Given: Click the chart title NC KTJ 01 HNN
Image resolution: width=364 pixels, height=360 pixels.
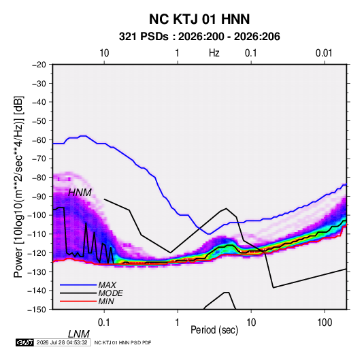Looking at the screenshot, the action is pos(199,19).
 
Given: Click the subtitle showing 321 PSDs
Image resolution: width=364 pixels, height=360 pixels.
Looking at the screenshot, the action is pos(199,37).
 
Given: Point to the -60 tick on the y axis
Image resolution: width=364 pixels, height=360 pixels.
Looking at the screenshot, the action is pos(39,140).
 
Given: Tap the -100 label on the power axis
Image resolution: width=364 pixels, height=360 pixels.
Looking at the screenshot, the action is pos(37,215).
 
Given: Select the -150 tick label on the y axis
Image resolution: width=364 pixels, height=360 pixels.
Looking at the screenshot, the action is pos(37,310).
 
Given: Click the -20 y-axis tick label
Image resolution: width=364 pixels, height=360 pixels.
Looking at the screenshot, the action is pos(39,65).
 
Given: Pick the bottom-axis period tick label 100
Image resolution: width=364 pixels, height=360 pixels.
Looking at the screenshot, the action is pos(325,323).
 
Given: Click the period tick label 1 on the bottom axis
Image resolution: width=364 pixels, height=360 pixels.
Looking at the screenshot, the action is pos(178,323).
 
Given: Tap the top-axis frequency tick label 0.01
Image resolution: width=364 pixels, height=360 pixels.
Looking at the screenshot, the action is pos(324,53).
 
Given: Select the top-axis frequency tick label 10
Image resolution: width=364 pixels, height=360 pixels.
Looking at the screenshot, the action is pos(104,53).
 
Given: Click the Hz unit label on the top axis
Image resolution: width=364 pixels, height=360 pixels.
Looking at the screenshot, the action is pos(214,53).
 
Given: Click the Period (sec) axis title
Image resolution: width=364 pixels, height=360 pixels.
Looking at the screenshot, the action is pos(214,330).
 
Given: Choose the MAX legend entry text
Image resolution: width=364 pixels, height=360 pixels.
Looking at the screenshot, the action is pos(107,284).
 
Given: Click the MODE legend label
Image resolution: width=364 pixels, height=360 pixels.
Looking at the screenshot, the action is pos(110,293).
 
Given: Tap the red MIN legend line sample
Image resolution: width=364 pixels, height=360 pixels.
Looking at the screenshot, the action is pos(78,301).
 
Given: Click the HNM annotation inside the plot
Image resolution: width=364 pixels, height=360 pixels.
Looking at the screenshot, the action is pos(80,193).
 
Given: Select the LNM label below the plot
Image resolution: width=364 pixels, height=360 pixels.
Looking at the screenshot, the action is pos(79,334).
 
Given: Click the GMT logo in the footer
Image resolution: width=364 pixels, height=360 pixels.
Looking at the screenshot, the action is pos(25,342).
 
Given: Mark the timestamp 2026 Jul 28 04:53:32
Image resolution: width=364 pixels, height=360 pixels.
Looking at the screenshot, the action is pos(62,342).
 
